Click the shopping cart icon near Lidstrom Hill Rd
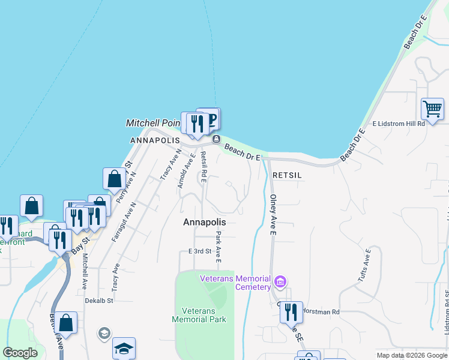coord(432,109)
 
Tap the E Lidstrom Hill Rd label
coord(399,124)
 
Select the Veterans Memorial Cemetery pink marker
coord(279,281)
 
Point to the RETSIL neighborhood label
coord(286,175)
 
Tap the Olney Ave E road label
coord(273,214)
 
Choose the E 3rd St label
coord(200,251)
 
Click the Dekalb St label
coord(99,301)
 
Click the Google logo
coord(20,353)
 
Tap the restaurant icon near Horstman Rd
coord(291,313)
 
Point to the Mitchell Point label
coord(152,123)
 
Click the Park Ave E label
coord(219,247)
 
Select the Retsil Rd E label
coord(204,166)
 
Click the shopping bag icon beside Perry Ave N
coord(114,179)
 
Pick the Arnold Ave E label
coord(186,172)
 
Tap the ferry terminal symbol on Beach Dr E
coord(215,140)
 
